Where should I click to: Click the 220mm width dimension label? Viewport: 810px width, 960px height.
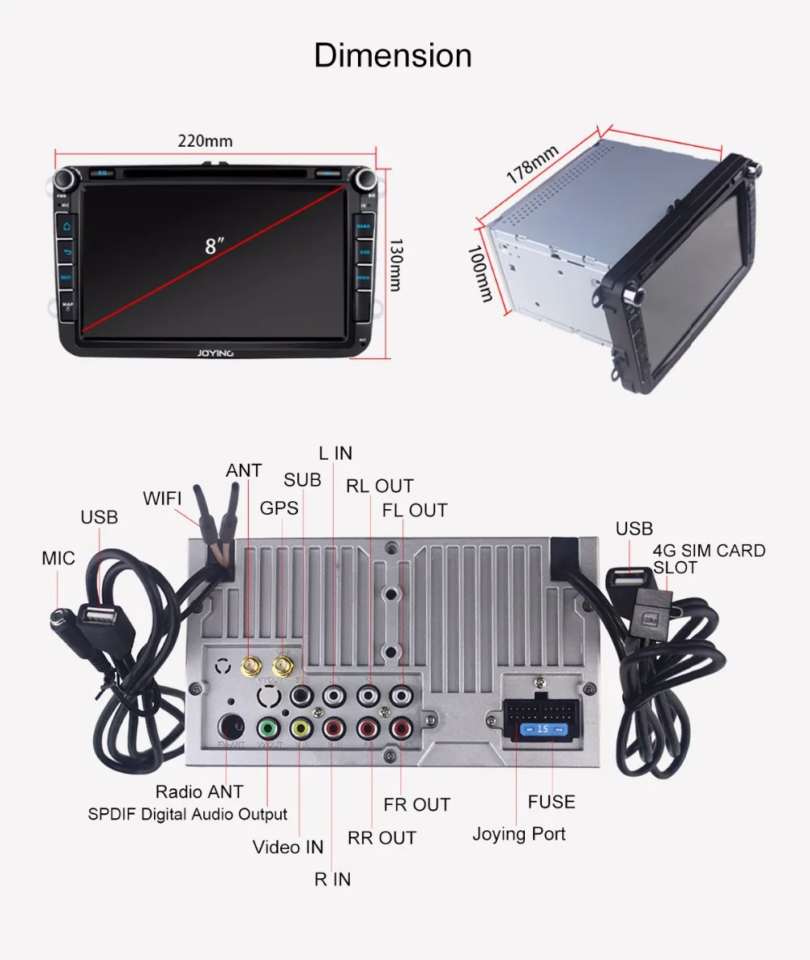point(205,141)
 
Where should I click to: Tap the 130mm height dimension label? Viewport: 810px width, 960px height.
point(395,266)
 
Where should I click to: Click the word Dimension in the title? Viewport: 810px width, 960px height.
point(393,56)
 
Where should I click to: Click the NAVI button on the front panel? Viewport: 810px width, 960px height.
point(66,277)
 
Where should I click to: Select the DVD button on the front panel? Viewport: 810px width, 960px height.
point(364,252)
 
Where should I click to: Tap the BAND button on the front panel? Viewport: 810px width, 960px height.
point(364,226)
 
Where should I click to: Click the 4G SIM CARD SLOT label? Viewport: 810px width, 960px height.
point(708,559)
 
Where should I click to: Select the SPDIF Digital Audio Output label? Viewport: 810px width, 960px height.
point(187,814)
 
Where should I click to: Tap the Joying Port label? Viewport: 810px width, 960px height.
point(518,834)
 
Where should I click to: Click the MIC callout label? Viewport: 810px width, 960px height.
point(58,558)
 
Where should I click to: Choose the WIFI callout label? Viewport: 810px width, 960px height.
point(163,498)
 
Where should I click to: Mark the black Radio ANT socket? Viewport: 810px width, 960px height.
point(232,726)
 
